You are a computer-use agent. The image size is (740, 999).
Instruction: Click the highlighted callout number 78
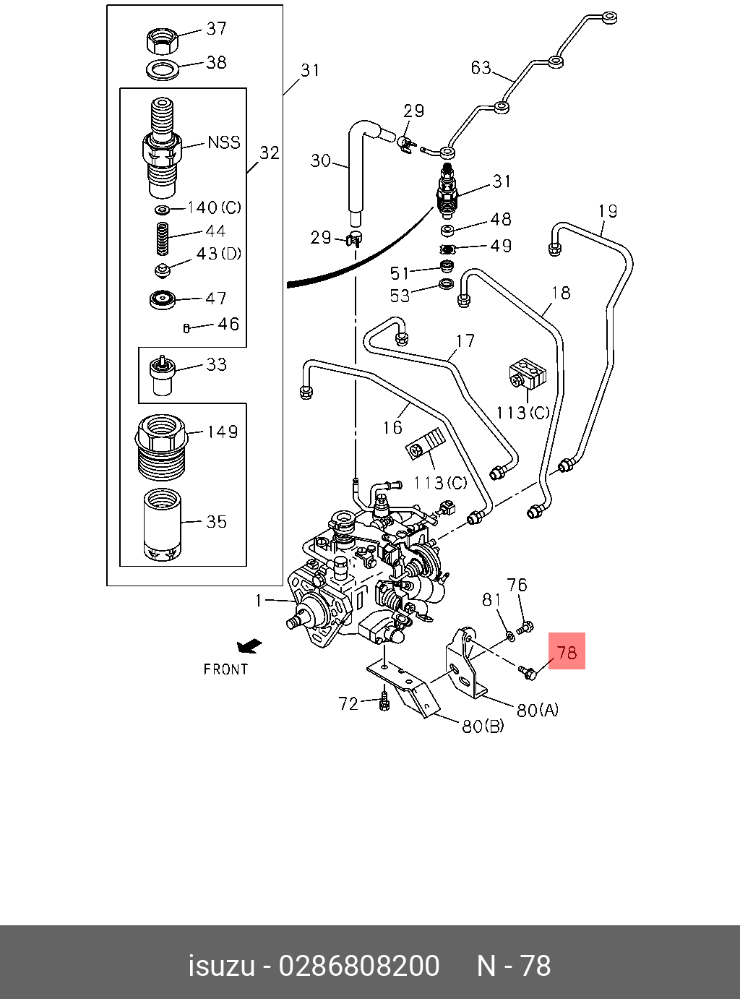567,653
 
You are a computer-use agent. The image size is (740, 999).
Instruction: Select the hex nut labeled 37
163,40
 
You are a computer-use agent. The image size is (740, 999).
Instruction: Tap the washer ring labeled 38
163,69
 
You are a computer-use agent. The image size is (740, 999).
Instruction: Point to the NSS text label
224,143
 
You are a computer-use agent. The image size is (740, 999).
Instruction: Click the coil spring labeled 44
162,239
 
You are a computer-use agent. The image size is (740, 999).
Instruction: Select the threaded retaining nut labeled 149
160,447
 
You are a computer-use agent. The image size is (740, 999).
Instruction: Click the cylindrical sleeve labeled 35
162,525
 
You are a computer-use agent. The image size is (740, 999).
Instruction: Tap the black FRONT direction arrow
249,646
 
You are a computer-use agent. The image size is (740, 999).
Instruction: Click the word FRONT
225,670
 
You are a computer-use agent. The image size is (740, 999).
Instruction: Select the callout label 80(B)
483,726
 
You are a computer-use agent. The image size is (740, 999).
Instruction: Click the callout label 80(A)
538,711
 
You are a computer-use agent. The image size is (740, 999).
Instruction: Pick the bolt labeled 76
525,627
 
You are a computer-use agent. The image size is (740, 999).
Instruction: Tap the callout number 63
481,67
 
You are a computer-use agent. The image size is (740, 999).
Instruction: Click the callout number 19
608,211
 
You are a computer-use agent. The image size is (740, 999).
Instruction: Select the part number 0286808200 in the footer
359,966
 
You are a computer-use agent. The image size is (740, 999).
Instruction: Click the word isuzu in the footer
222,966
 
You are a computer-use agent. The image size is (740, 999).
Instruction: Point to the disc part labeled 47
162,300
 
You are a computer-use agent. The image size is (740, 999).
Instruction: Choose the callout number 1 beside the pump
259,601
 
